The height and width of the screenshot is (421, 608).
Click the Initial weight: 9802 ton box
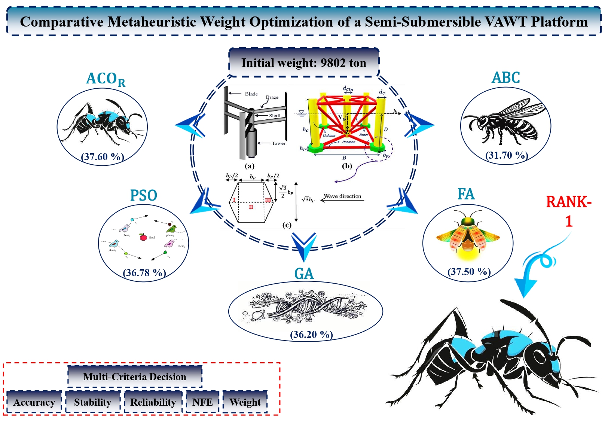[303, 62]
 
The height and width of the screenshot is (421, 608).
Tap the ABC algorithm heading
[505, 77]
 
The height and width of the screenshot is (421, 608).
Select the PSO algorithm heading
[143, 195]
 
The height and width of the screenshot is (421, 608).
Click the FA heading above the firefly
[466, 194]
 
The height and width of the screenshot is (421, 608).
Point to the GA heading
[304, 274]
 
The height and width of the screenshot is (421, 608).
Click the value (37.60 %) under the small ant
[103, 156]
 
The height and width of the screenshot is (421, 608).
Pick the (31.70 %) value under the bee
[507, 155]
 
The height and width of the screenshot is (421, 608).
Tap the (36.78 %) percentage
[144, 272]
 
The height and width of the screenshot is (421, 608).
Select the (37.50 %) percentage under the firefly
[469, 271]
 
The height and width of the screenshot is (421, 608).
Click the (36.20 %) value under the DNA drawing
[311, 334]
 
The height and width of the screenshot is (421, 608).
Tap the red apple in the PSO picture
[143, 237]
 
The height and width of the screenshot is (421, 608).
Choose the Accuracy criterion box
[34, 402]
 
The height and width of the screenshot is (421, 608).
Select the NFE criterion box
[202, 402]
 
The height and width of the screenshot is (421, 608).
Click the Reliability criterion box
[153, 402]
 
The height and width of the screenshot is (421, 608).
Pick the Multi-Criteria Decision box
[135, 376]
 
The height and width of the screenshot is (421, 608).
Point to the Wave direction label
[342, 196]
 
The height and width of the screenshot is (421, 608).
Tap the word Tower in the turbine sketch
[278, 143]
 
